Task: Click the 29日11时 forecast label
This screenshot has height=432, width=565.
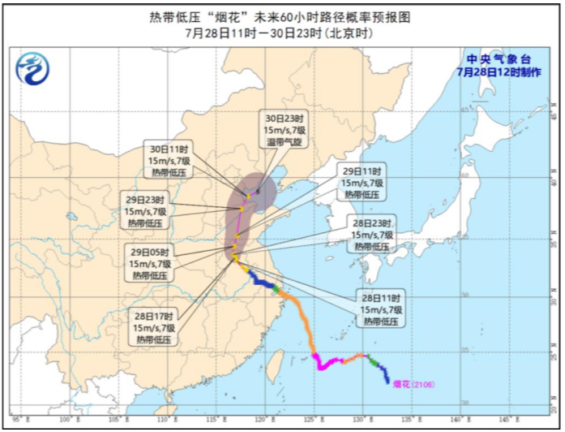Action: [361, 184]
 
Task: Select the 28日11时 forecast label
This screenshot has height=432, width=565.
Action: [382, 310]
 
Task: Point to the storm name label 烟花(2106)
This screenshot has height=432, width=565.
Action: [413, 384]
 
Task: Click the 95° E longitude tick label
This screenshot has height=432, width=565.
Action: [18, 419]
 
